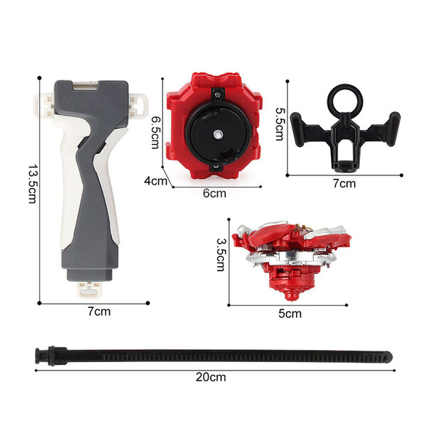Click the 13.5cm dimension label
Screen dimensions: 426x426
point(33,184)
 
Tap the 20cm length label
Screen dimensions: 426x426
point(211,377)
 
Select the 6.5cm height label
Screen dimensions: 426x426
point(155,132)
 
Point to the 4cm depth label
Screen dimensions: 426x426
point(155,180)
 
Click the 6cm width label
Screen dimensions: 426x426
point(214,193)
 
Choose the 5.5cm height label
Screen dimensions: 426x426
point(280,124)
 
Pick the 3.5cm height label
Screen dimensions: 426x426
point(221,255)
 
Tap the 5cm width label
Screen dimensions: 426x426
point(290,314)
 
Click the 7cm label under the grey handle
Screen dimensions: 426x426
point(99,312)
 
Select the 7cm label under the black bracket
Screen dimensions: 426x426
point(344,183)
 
